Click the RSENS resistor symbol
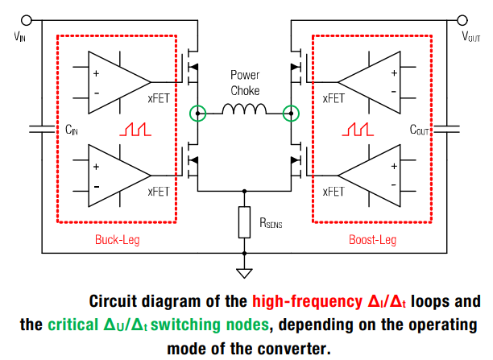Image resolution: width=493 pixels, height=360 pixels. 245,222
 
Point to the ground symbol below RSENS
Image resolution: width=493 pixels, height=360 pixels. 245,272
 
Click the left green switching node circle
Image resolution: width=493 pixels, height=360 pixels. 197,113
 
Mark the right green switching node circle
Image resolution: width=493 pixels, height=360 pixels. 290,113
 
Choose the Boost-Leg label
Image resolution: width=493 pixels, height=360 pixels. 372,239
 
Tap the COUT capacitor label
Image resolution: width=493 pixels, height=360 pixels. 420,130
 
